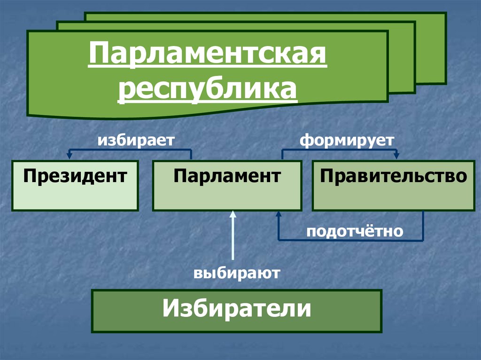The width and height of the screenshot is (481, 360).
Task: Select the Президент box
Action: (x=75, y=185)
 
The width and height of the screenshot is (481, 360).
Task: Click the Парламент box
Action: (x=227, y=185)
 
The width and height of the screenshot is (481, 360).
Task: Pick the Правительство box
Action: (x=393, y=185)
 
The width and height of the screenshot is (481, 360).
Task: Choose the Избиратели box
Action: (x=237, y=311)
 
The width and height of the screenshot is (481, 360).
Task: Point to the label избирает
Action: (x=136, y=140)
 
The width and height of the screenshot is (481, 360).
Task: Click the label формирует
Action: (x=347, y=140)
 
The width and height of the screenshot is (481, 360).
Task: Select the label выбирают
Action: (x=237, y=273)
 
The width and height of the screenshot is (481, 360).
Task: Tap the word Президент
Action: (x=75, y=176)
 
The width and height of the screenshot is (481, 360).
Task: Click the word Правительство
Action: (x=393, y=176)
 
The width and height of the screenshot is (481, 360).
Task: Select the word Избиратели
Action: (x=237, y=310)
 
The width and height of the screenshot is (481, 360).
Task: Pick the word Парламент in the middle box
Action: (x=227, y=176)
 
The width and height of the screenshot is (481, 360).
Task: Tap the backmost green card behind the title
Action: (x=430, y=47)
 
